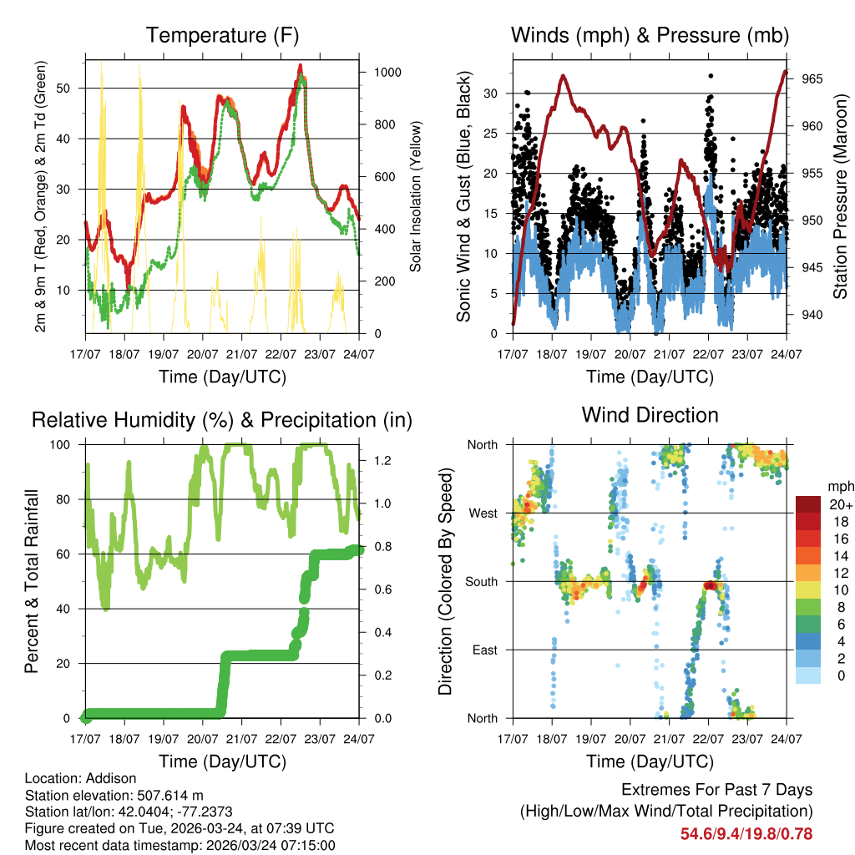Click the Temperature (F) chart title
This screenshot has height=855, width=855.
pyautogui.click(x=222, y=35)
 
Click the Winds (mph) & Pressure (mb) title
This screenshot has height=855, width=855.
pyautogui.click(x=650, y=35)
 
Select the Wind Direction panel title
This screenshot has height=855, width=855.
pyautogui.click(x=650, y=415)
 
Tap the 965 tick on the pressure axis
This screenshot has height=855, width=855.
pyautogui.click(x=813, y=79)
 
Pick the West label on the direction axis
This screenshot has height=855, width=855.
pyautogui.click(x=483, y=513)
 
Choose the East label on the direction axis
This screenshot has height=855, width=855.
pyautogui.click(x=484, y=650)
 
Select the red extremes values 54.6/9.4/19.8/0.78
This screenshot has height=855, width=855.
pyautogui.click(x=746, y=833)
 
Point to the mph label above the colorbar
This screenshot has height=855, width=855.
pyautogui.click(x=839, y=487)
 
